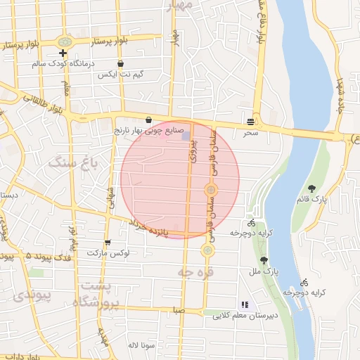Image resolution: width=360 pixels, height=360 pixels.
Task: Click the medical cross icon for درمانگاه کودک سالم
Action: pyautogui.click(x=63, y=53)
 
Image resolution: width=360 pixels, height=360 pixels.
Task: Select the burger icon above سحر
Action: pyautogui.click(x=251, y=120)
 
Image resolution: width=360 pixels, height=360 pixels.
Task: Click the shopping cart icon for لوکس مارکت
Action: pyautogui.click(x=107, y=243)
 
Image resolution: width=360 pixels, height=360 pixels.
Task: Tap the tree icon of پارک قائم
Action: pyautogui.click(x=311, y=188)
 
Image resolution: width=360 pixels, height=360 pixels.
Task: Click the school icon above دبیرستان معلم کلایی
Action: pyautogui.click(x=245, y=305)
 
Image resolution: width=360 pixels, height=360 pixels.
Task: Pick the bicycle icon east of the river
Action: pyautogui.click(x=304, y=281)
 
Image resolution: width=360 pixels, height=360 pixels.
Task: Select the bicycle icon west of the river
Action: pyautogui.click(x=252, y=223)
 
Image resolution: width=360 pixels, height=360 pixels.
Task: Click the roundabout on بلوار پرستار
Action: pyautogui.click(x=65, y=42)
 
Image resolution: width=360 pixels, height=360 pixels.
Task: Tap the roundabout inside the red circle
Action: pyautogui.click(x=210, y=190)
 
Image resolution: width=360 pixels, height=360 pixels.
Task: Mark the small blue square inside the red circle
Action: pyautogui.click(x=186, y=135)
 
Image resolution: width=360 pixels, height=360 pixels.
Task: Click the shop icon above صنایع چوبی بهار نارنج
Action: pyautogui.click(x=148, y=120)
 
